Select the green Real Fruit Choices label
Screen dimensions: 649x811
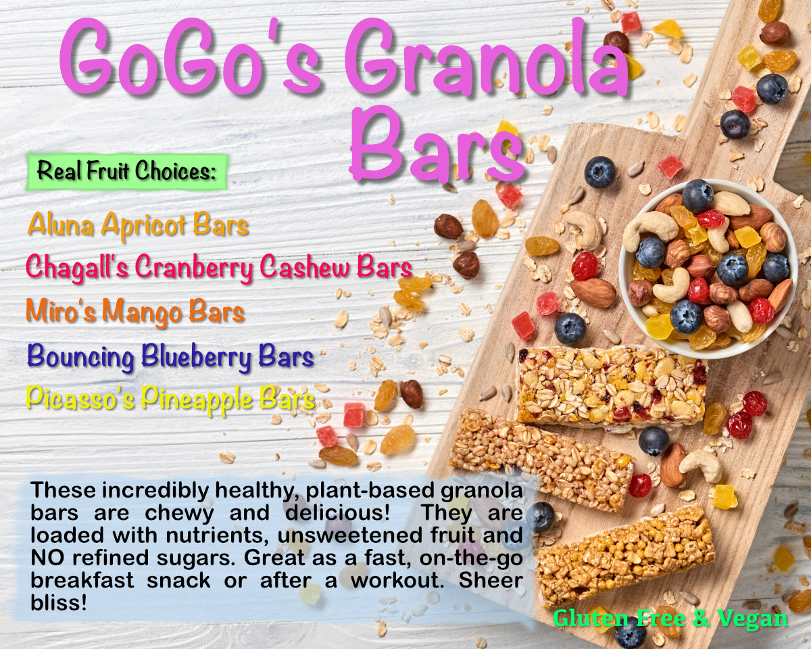click(126, 171)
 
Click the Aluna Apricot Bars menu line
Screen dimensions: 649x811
click(138, 226)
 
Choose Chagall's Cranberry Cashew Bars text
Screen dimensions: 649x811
click(218, 268)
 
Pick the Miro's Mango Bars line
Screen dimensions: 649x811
click(135, 312)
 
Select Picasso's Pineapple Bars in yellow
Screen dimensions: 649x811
click(170, 399)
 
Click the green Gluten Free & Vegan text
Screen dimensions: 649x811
click(670, 618)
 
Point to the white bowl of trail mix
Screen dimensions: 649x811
click(708, 268)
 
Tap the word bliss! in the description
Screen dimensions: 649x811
click(59, 602)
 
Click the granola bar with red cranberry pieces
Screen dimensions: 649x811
click(612, 386)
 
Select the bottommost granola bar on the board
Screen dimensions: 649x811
click(625, 554)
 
